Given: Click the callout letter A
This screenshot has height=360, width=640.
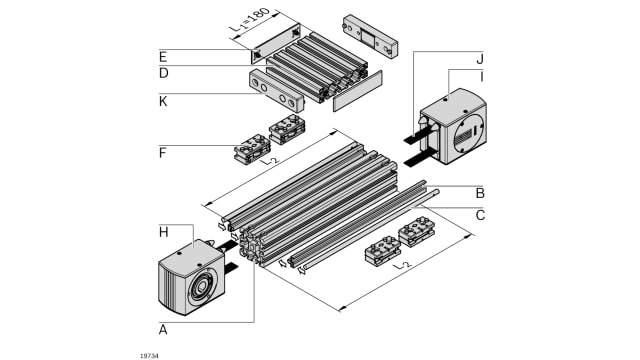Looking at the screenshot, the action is [163, 329].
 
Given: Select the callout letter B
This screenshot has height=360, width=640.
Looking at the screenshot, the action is [480, 193].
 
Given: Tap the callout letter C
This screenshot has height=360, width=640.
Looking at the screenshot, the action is [480, 215].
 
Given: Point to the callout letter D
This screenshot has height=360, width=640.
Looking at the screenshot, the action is [163, 73].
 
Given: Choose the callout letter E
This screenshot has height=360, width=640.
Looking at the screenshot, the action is [163, 57].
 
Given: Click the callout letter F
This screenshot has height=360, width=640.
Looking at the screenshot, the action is [162, 153].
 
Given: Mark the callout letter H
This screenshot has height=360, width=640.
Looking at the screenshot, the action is [163, 232].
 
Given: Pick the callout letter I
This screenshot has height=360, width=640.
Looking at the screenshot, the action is [482, 76].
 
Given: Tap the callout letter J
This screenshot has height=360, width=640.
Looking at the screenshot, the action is [480, 59].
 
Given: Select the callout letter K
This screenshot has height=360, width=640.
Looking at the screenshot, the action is [163, 101].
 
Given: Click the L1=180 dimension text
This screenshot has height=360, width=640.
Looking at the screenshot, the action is [249, 20].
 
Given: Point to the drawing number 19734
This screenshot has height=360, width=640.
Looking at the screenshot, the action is [149, 356].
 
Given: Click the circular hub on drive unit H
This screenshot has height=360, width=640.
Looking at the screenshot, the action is [202, 287].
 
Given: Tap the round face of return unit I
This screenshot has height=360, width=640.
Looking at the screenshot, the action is [468, 134].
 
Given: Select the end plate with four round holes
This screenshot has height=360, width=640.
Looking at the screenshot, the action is [276, 91].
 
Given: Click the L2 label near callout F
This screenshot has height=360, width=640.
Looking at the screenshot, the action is [269, 160].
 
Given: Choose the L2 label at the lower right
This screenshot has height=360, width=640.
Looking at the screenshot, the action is [401, 265].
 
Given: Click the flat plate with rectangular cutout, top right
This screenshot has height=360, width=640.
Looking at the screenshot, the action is [370, 37].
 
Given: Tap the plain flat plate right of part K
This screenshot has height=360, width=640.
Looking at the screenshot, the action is [358, 91].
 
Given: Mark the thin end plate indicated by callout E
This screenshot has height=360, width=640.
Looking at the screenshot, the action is [276, 44].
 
